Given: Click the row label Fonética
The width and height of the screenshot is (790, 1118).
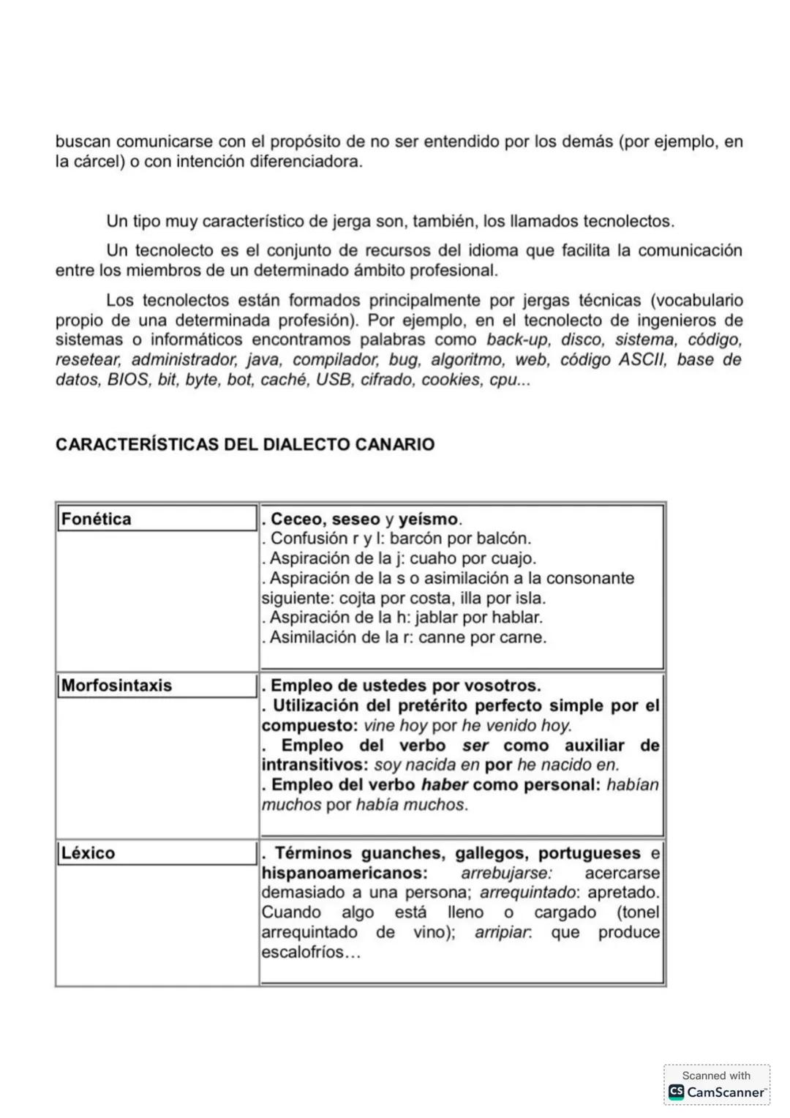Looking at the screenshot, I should pos(96,519).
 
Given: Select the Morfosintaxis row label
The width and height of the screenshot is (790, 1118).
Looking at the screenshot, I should pos(116,686).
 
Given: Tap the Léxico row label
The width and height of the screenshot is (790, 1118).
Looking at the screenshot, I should pos(88,853).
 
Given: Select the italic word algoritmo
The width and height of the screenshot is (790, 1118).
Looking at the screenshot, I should pos(467,360).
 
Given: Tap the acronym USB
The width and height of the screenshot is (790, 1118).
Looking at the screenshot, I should pos(334,380).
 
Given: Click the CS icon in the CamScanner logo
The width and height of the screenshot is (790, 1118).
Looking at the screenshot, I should pos(676,1092).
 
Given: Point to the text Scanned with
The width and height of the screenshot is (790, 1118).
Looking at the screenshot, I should pos(716,1076).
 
